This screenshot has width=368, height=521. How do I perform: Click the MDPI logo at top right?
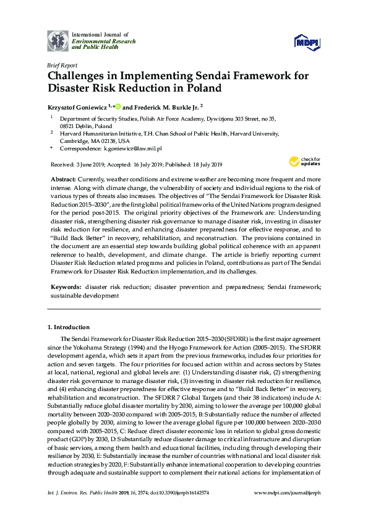point(307,41)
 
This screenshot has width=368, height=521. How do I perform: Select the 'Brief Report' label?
point(62,64)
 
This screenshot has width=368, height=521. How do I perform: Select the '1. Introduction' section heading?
point(68,326)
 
